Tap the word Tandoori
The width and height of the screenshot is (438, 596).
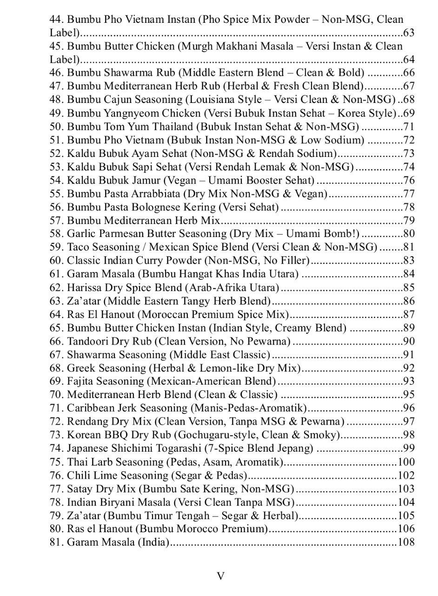tap(87, 341)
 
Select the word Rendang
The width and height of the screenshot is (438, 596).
tap(87, 422)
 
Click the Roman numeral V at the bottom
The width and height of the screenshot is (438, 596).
tap(221, 576)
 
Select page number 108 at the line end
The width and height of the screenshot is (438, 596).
tap(406, 542)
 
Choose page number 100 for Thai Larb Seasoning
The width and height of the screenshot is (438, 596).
tap(406, 462)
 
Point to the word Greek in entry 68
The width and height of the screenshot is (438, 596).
tap(80, 368)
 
